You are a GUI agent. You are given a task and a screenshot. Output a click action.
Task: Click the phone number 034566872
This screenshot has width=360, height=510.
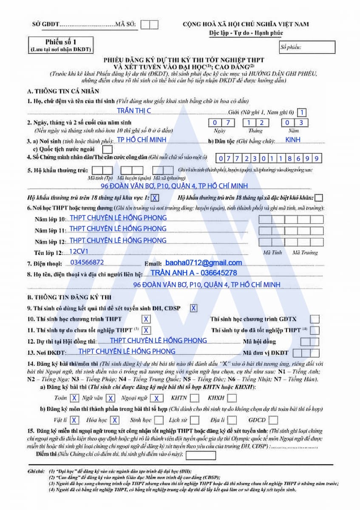click(87, 263)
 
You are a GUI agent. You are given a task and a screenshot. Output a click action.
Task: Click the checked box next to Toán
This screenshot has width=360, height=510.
click(74, 398)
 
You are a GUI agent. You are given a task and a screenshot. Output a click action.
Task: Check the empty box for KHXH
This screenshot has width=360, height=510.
click(232, 398)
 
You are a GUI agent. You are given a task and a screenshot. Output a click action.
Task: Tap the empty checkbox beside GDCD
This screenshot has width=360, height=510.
click(273, 420)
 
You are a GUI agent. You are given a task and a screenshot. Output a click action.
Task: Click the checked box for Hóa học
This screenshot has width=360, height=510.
click(114, 420)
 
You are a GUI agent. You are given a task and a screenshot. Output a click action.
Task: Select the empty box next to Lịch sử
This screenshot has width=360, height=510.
click(195, 420)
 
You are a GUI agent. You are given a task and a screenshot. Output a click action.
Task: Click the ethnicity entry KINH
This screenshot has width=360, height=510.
click(293, 139)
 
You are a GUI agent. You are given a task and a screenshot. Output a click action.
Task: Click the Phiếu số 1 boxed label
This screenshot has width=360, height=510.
click(60, 45)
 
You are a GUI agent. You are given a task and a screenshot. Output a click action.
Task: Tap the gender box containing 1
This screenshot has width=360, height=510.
click(302, 113)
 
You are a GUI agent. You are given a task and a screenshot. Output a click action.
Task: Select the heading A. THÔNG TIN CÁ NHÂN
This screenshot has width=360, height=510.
click(63, 91)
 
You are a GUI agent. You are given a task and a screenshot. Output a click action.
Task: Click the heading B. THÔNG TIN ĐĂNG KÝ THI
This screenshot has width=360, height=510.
click(69, 297)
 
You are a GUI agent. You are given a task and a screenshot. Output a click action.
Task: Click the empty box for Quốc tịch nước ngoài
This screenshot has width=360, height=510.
click(108, 150)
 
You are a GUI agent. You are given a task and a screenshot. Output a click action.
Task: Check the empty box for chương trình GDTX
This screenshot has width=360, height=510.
click(315, 319)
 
